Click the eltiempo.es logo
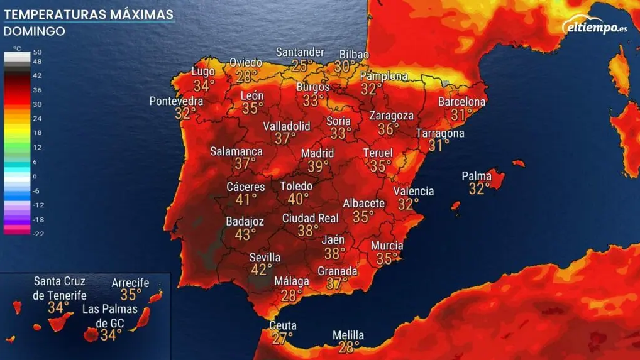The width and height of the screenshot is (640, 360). (594, 27)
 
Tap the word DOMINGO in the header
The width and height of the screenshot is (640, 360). (35, 31)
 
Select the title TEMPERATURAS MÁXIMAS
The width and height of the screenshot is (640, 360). (89, 14)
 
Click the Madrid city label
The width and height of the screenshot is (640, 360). (317, 153)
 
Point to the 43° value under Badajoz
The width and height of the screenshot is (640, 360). (245, 234)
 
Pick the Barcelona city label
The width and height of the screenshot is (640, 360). (462, 102)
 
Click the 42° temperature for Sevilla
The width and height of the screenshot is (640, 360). (262, 270)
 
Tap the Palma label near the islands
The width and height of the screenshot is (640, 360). (477, 176)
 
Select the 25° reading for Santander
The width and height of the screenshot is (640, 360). (302, 65)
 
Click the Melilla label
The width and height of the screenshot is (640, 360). (348, 335)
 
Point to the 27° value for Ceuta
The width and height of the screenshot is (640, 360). (282, 338)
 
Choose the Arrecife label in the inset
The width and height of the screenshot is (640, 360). (130, 283)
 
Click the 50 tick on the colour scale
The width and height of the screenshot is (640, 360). (38, 52)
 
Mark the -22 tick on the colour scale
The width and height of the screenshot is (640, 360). (38, 234)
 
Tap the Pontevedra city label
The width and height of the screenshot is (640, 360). (176, 101)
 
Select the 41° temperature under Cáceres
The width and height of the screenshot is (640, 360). (246, 199)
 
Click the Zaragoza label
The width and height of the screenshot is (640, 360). (391, 116)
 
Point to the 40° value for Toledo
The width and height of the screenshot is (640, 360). (298, 199)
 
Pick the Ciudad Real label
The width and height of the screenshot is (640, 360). (310, 218)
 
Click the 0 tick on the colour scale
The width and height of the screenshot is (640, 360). (35, 177)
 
